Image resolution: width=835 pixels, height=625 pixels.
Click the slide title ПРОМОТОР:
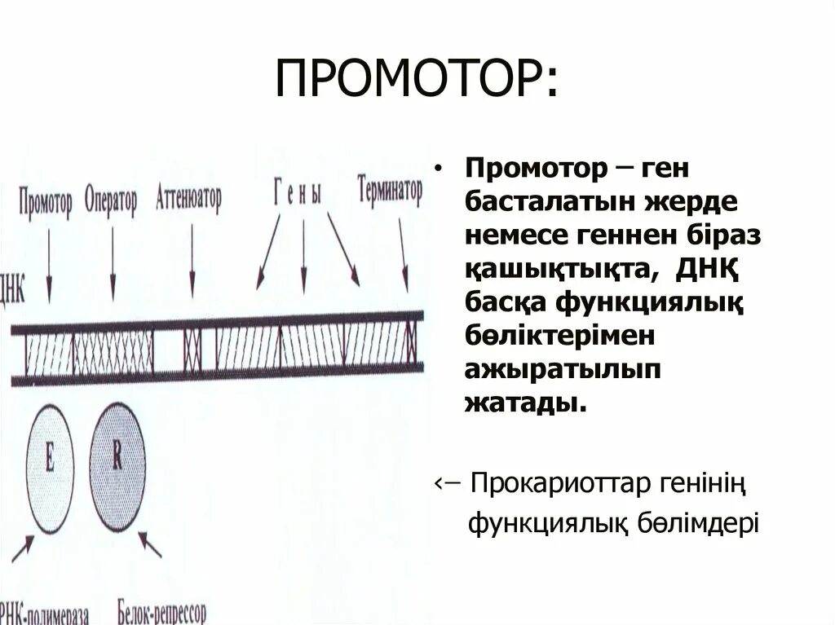(417, 80)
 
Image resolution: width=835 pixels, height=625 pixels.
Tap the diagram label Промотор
(46, 200)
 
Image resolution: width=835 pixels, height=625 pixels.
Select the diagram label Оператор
(111, 200)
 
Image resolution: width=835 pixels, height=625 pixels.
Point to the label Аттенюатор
(188, 199)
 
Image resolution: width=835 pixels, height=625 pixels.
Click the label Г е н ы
(298, 195)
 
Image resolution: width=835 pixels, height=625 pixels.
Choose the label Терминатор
(389, 192)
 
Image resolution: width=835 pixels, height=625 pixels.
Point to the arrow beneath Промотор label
(48, 265)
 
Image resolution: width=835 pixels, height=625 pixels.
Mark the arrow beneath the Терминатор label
(405, 257)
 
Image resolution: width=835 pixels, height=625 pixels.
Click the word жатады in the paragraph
(524, 402)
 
